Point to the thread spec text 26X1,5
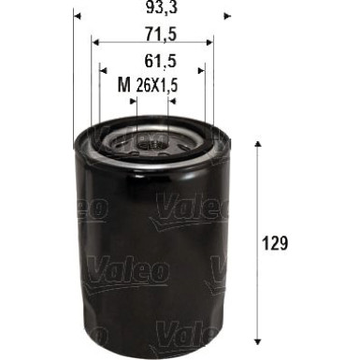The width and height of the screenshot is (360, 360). [x=157, y=86]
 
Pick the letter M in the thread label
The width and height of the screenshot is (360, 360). [x=123, y=86]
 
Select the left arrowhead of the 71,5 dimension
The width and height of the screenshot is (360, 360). [x=97, y=41]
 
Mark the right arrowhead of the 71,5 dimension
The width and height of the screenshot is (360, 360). [x=209, y=41]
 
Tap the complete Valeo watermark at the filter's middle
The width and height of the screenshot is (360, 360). [x=130, y=271]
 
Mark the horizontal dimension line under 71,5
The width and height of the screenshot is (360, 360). [x=153, y=42]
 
